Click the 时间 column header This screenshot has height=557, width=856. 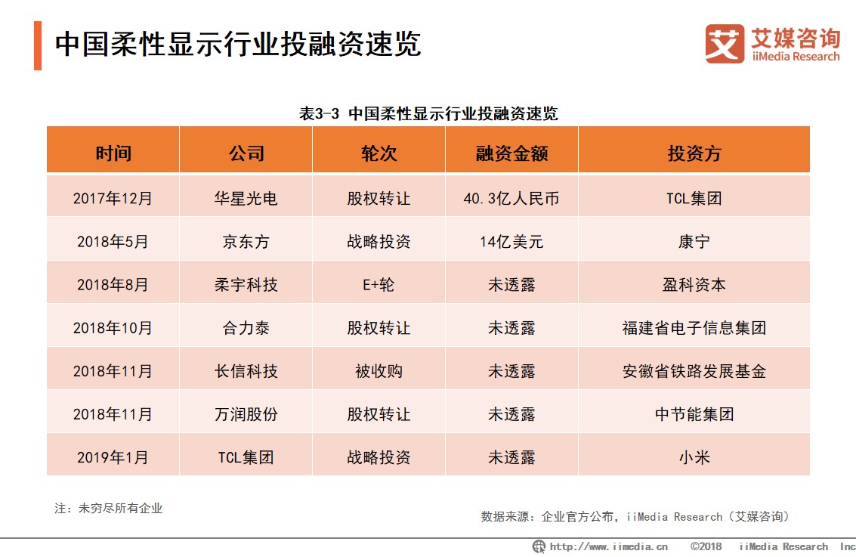click(x=113, y=153)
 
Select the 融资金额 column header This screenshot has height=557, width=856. click(x=511, y=153)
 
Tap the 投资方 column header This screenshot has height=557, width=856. click(x=694, y=153)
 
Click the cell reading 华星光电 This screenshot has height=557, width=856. click(x=246, y=199)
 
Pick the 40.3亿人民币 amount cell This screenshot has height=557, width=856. click(x=511, y=199)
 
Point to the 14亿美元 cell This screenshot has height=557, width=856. click(x=511, y=242)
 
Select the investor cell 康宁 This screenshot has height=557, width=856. click(x=694, y=242)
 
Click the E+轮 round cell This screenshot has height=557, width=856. click(x=379, y=285)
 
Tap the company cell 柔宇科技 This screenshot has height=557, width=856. click(x=246, y=285)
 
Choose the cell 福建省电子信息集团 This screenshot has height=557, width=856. click(x=694, y=328)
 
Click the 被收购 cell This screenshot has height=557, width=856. click(x=379, y=371)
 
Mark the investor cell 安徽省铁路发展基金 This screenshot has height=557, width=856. click(x=694, y=371)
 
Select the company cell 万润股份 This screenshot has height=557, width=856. click(x=246, y=414)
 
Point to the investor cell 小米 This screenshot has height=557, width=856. click(x=694, y=457)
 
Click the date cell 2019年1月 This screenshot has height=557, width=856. click(x=113, y=457)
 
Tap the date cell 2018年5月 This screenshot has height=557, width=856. click(x=113, y=242)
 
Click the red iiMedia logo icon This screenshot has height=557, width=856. click(x=724, y=44)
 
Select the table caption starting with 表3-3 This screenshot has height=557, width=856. click(x=428, y=114)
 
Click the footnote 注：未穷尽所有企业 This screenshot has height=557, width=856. click(x=109, y=509)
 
